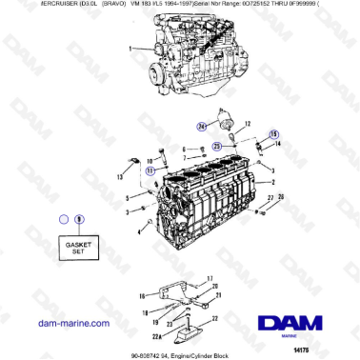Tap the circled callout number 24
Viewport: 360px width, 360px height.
pyautogui.click(x=202, y=125)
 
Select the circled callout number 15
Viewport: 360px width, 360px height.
pyautogui.click(x=274, y=134)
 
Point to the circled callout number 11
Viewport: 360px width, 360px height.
pyautogui.click(x=150, y=170)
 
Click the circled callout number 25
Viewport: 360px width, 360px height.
pyautogui.click(x=217, y=145)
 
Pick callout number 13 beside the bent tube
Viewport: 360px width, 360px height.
pyautogui.click(x=119, y=177)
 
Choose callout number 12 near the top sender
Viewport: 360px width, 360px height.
pyautogui.click(x=246, y=124)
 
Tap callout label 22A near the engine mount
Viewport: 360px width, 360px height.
pyautogui.click(x=156, y=336)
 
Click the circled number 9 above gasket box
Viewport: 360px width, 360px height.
pyautogui.click(x=79, y=218)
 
